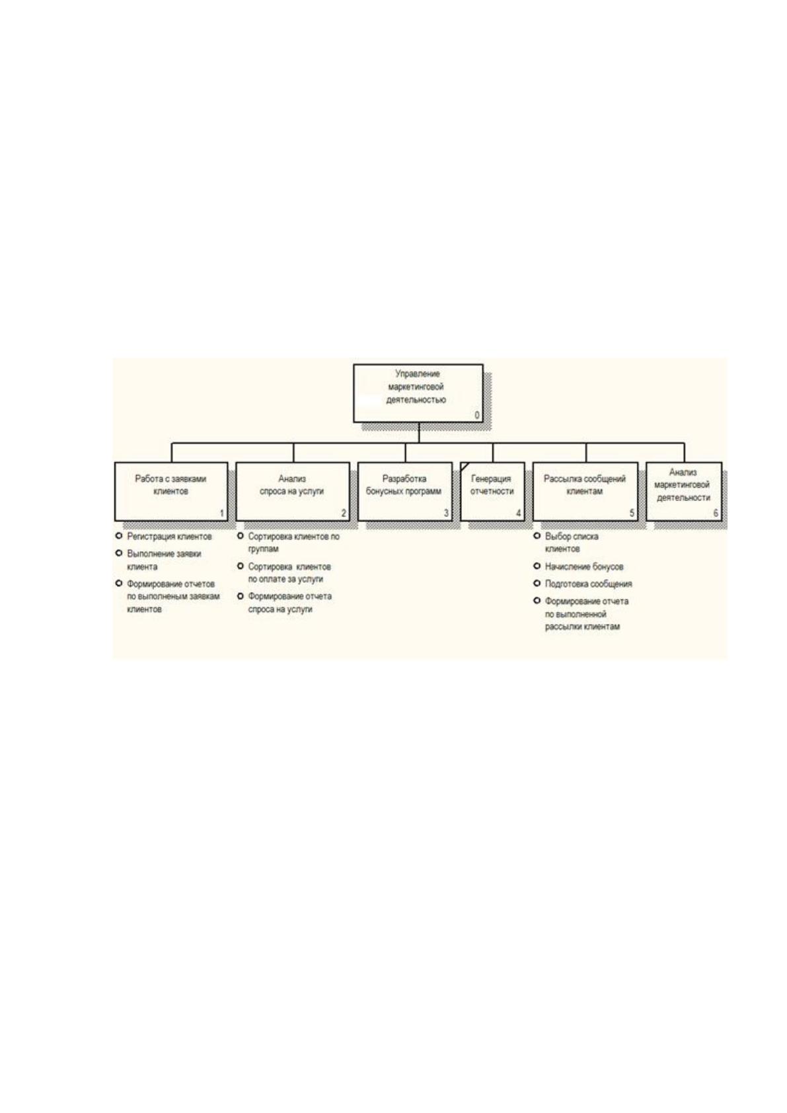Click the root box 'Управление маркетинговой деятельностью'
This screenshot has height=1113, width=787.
[x=418, y=393]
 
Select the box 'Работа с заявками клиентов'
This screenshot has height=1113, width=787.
[x=171, y=492]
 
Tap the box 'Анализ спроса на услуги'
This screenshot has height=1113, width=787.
[x=293, y=492]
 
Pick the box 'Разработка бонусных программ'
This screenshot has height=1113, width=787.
[x=405, y=492]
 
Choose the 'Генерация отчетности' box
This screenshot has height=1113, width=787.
[x=492, y=492]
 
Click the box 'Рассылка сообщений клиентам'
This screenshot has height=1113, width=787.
[x=585, y=492]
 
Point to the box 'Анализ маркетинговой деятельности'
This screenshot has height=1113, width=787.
[x=684, y=492]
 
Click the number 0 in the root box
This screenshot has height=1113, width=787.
[x=477, y=415]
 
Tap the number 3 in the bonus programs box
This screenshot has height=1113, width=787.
[x=446, y=514]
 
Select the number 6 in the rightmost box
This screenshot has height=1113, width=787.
[x=716, y=514]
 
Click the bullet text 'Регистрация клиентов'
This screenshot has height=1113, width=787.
[x=169, y=537]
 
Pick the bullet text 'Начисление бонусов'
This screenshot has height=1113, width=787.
[x=583, y=566]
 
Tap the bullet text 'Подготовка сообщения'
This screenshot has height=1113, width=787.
[x=588, y=584]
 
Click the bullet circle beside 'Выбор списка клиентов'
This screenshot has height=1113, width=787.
[x=537, y=536]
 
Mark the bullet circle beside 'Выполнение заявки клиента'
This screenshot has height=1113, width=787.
[x=119, y=553]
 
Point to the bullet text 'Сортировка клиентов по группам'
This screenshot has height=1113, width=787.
[x=293, y=543]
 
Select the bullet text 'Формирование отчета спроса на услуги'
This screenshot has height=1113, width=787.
[x=289, y=602]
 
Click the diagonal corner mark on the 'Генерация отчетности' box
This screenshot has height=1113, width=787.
[x=465, y=467]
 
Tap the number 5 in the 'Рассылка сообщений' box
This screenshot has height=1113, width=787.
[x=632, y=514]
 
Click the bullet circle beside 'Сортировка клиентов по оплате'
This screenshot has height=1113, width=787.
[x=241, y=566]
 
